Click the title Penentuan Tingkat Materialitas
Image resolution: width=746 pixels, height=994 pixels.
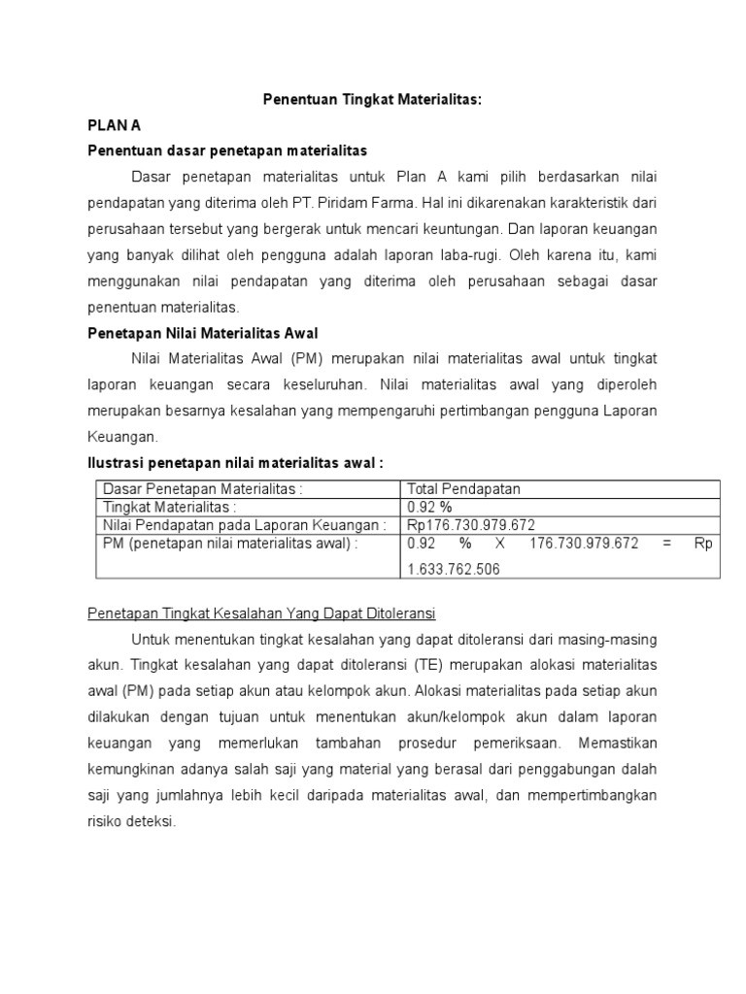[x=373, y=100]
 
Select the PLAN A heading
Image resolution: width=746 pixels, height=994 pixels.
[x=115, y=125]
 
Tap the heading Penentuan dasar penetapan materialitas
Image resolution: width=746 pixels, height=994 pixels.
[x=227, y=150]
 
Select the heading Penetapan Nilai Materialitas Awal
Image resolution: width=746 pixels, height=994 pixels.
[x=203, y=333]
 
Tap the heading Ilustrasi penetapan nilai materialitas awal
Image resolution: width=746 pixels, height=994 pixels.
[x=242, y=463]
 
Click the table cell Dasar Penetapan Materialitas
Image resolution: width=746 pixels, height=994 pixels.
[x=203, y=489]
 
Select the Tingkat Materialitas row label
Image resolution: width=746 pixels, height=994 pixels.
[x=170, y=507]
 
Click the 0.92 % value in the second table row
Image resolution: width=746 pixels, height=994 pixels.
[x=430, y=507]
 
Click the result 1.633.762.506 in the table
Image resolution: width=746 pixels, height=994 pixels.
[x=454, y=570]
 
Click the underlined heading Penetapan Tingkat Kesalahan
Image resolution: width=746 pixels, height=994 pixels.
[x=260, y=614]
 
